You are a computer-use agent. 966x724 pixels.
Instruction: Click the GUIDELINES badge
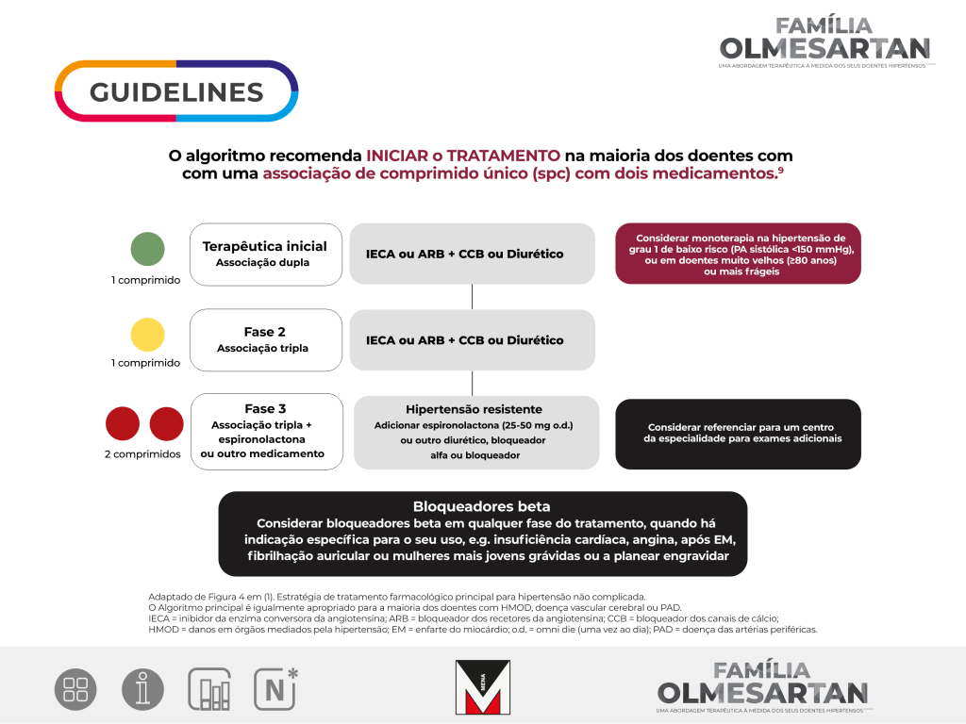[176, 91]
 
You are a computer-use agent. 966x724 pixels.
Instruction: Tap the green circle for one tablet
[147, 249]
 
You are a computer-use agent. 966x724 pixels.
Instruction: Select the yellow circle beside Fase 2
[147, 334]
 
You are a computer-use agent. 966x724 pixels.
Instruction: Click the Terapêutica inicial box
[265, 254]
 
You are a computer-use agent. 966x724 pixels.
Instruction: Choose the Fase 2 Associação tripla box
[265, 339]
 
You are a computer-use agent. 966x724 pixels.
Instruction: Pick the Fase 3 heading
[265, 409]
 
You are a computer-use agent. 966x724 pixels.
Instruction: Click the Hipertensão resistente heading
[474, 409]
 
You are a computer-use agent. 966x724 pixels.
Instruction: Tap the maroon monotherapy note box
[740, 255]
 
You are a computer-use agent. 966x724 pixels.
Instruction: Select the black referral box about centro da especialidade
[738, 434]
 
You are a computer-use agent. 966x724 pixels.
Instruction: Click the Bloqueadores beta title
[482, 506]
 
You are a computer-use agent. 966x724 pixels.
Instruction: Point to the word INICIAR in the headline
[404, 155]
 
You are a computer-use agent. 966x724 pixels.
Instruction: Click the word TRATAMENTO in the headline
[503, 155]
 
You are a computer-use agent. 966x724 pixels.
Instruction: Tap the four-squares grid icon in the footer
[75, 689]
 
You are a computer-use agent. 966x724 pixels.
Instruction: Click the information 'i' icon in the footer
[142, 689]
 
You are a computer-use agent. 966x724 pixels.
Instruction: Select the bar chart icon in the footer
[209, 689]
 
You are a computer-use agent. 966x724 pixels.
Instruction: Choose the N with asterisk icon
[275, 688]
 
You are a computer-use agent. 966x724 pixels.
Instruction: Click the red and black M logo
[482, 686]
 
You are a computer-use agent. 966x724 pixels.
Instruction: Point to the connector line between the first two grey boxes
[472, 297]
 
